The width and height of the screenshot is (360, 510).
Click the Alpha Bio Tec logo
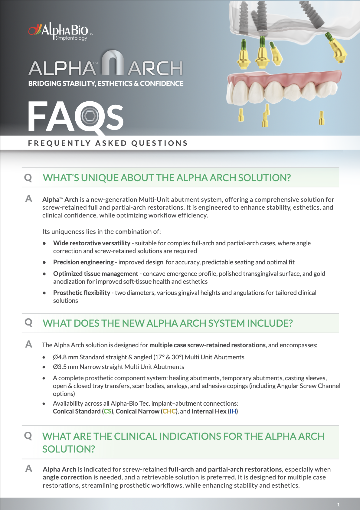click(61, 31)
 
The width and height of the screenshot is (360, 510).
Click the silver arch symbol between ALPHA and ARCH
click(113, 63)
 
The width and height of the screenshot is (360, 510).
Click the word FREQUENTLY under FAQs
click(59, 143)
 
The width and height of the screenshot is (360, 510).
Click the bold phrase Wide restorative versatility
click(92, 243)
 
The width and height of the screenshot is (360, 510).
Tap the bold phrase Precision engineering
click(83, 262)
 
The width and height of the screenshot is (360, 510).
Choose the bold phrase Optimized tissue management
click(96, 274)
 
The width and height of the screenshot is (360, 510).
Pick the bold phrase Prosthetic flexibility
click(82, 293)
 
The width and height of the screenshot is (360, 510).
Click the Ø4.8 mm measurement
click(65, 357)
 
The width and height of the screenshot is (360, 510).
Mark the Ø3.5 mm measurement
click(65, 367)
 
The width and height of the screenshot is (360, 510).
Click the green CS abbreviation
click(107, 411)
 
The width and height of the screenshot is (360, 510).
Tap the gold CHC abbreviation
click(169, 411)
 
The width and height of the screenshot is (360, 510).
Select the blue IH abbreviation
click(233, 411)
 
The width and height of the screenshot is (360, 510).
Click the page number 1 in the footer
click(338, 505)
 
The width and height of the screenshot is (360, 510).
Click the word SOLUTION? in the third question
click(69, 449)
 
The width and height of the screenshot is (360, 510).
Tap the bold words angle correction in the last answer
click(67, 477)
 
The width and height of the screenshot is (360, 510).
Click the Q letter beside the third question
click(28, 436)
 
